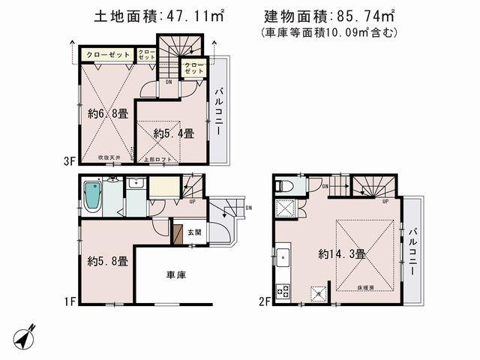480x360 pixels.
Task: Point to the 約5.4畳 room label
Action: point(174,134)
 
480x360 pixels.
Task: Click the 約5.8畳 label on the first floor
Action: point(107,262)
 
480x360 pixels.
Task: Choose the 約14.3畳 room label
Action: point(341,254)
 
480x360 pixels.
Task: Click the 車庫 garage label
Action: point(176,275)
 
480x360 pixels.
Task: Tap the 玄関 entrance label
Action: point(194,232)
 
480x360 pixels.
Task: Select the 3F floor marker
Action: point(69,160)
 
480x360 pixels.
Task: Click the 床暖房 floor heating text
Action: point(367,287)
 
